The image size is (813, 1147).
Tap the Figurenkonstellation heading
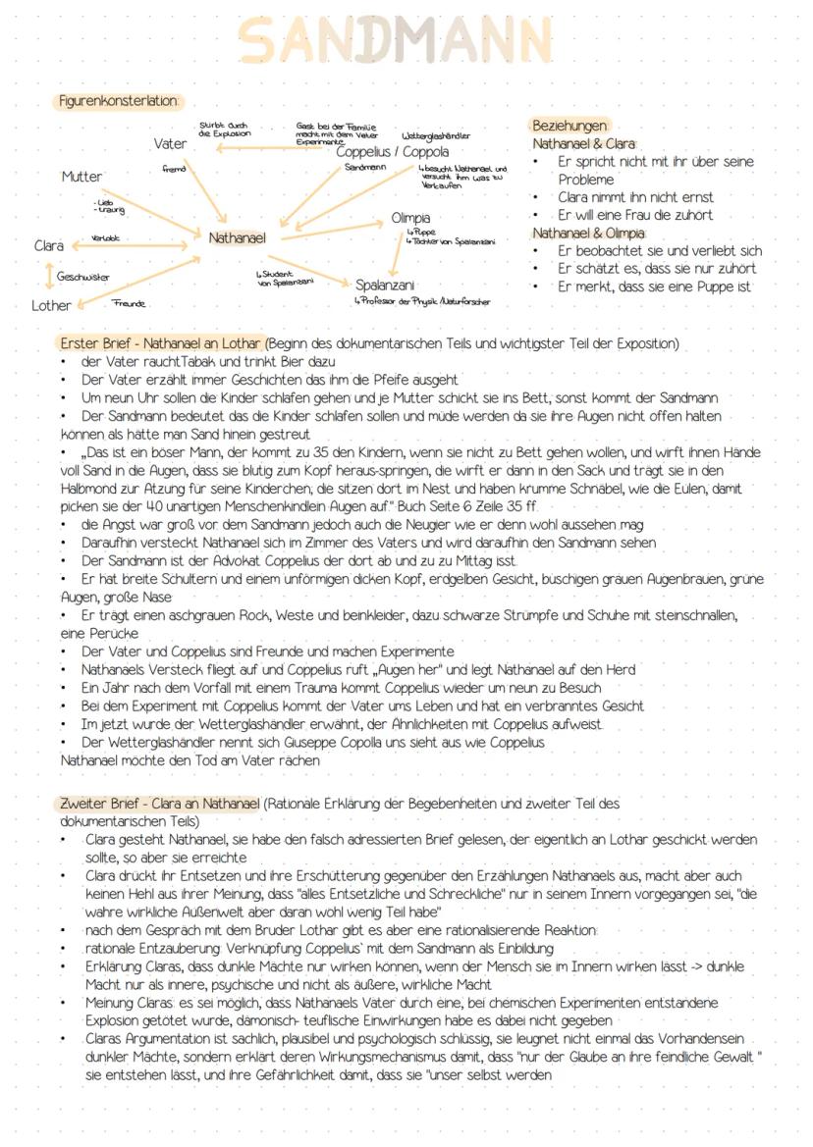[x=118, y=101]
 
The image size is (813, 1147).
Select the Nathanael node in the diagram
[x=237, y=237]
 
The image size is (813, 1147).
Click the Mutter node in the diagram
[x=81, y=177]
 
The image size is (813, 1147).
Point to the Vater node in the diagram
[x=170, y=144]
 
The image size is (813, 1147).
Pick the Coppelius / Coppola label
[x=392, y=152]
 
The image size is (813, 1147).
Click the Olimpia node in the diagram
[x=410, y=217]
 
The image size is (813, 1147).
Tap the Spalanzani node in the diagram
[x=385, y=286]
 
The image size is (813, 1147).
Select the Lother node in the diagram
[x=51, y=305]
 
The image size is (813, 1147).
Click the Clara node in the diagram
[x=48, y=245]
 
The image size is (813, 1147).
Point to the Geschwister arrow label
[x=82, y=277]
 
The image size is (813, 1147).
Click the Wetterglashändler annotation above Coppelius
[x=436, y=135]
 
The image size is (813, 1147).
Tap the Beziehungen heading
[x=569, y=126]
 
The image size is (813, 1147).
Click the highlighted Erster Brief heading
[x=161, y=344]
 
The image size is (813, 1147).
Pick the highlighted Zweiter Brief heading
[x=160, y=804]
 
